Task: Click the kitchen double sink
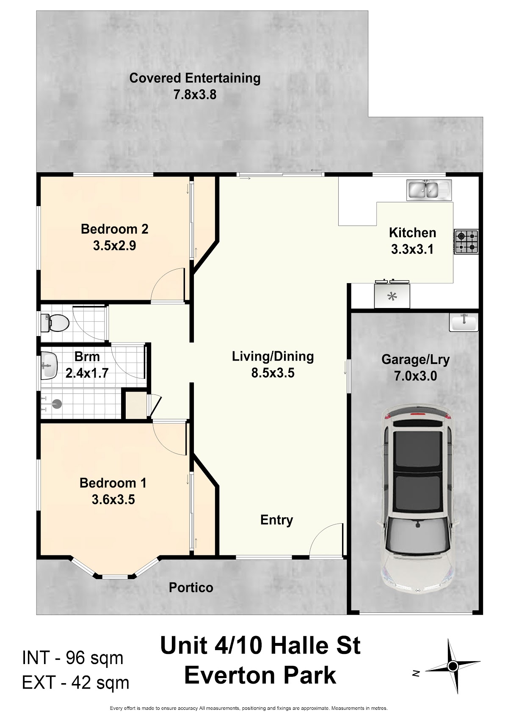click(x=429, y=190)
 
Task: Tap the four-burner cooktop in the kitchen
click(x=466, y=242)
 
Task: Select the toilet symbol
click(x=55, y=323)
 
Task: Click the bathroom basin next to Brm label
click(x=49, y=366)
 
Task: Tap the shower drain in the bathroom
click(x=57, y=404)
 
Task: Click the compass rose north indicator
click(x=452, y=667)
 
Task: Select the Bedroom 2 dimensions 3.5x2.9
click(x=115, y=245)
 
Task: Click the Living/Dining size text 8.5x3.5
click(x=273, y=373)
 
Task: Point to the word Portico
click(x=191, y=587)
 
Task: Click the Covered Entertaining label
click(x=195, y=78)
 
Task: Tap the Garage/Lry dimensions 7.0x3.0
click(x=415, y=376)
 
